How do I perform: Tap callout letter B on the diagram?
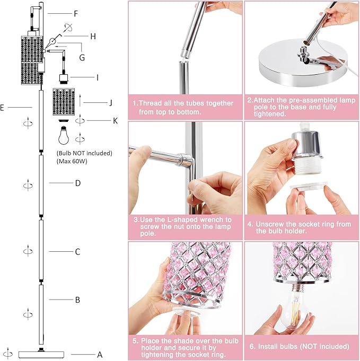coord(77,300)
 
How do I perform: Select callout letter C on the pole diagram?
coord(77,252)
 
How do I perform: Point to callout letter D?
coord(77,183)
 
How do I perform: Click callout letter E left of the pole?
coord(3,108)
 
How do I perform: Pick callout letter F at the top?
coord(76,13)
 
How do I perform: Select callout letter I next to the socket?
coord(97,77)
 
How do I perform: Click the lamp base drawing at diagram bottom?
coord(41,354)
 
